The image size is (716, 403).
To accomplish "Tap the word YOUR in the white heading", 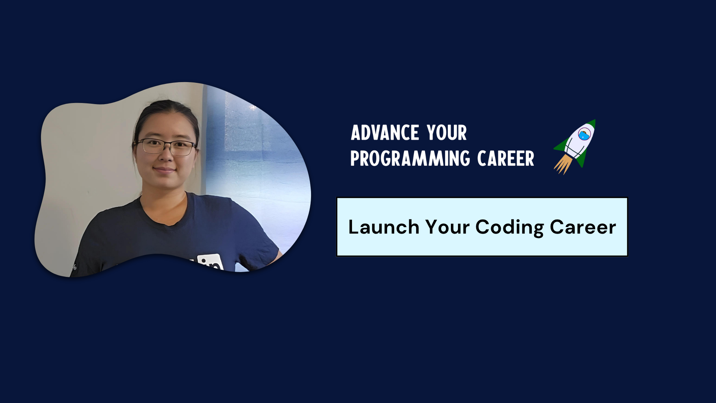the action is (447, 133).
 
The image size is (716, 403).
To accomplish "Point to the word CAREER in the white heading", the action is (506, 158).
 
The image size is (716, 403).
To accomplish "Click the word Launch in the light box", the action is (384, 227).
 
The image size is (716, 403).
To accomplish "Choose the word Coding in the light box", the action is (509, 228).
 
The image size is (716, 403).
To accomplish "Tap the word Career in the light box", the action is (583, 227).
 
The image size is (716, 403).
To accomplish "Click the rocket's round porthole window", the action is (584, 134).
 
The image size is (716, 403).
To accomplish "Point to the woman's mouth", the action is (164, 170).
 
